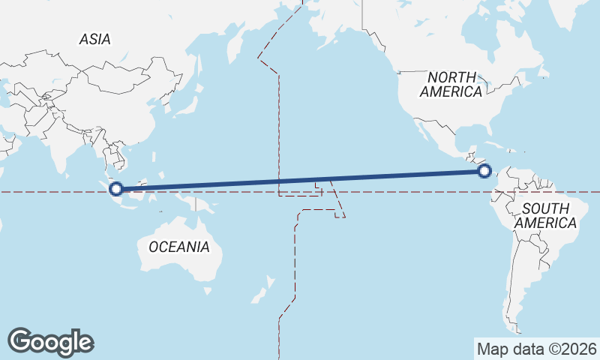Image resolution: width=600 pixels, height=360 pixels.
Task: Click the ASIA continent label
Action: click(94, 39)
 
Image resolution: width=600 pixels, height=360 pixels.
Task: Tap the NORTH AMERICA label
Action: click(451, 84)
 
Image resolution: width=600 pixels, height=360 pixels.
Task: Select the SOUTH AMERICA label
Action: click(550, 215)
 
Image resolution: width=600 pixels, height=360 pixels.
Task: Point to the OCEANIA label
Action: click(179, 247)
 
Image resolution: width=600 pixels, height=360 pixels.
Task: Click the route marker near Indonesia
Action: click(116, 188)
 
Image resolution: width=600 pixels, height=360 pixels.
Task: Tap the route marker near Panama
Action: click(484, 172)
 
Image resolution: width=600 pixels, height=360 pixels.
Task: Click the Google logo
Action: click(50, 342)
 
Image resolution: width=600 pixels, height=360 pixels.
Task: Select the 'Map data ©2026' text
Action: click(537, 349)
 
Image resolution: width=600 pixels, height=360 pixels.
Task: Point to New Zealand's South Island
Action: click(259, 292)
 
